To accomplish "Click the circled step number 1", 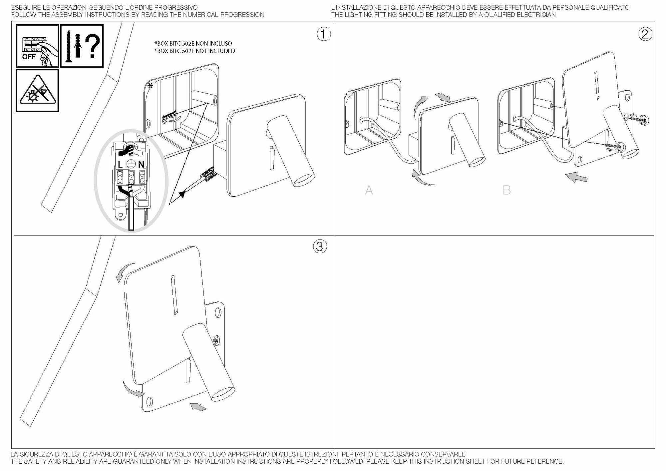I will point(324,34).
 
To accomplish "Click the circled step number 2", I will point(645,34).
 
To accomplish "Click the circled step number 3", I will point(320,246).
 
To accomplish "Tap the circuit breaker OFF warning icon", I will point(37,46).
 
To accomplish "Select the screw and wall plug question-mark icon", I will point(82,46).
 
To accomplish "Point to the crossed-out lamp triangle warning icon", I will point(37,91).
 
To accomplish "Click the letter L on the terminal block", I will point(121,164).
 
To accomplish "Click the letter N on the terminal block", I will point(141,164).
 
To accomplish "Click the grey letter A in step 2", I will point(369,190).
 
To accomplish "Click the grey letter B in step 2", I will point(506,190).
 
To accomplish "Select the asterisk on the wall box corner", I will point(150,86).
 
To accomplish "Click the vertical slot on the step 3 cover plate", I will point(174,295).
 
